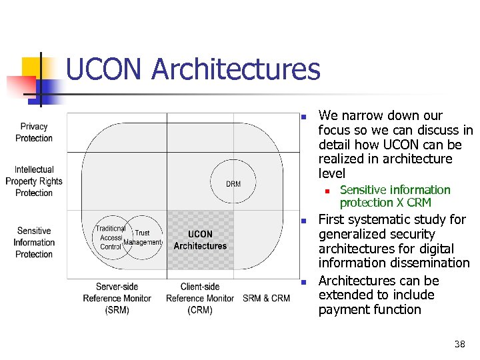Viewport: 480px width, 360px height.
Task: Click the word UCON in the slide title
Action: coord(105,70)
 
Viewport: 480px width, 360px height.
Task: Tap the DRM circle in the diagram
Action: coord(233,183)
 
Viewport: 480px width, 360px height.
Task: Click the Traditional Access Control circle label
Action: coord(110,237)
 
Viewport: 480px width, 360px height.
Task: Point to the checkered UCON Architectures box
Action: coord(200,240)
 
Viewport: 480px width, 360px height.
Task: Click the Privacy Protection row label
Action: coord(34,132)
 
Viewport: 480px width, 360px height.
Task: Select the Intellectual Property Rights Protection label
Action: coord(34,181)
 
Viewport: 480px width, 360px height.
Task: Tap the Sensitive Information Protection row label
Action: coord(34,243)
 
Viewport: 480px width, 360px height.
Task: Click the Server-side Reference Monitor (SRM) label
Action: coord(117,298)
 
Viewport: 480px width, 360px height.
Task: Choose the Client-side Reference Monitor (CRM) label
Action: coord(200,298)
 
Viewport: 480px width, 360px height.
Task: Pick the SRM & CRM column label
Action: coord(267,298)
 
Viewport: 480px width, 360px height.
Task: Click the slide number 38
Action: coord(459,344)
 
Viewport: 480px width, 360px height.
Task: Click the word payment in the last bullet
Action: coord(343,309)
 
